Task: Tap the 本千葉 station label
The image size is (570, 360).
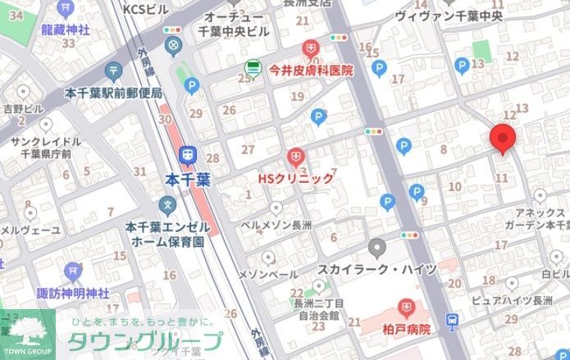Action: pos(188,178)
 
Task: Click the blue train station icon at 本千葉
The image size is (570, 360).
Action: pos(188,154)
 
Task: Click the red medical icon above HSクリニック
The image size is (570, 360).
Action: pos(295,156)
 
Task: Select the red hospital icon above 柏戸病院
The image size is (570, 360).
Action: pos(405,308)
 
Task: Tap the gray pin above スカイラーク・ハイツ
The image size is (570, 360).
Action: pos(376,247)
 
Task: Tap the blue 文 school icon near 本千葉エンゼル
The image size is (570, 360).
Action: pos(168,204)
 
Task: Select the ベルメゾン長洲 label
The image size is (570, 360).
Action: pos(275,223)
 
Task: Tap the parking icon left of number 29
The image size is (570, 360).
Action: pos(192,84)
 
